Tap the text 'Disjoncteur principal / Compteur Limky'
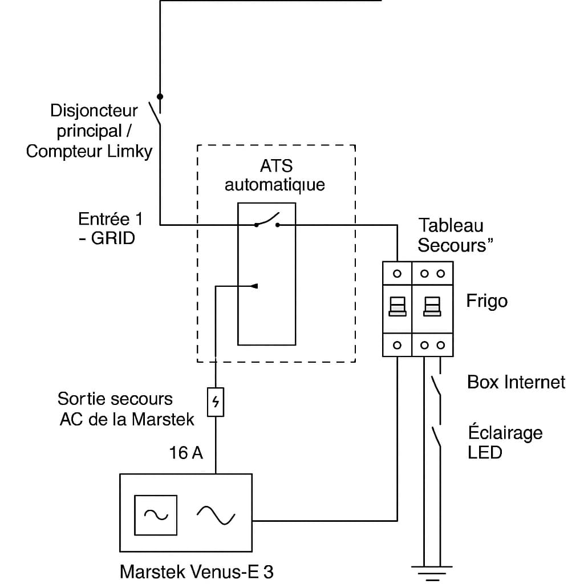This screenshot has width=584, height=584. (90, 131)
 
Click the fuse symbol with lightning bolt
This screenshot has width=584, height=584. (216, 403)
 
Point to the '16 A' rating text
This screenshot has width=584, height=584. (186, 453)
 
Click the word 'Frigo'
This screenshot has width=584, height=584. (486, 301)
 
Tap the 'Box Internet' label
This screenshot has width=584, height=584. (516, 382)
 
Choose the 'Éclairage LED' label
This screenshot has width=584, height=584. (505, 442)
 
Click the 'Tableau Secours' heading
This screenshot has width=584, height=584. (455, 235)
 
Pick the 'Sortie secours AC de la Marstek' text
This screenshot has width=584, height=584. (126, 408)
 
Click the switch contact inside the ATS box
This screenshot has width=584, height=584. (267, 220)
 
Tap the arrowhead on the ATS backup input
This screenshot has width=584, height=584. (255, 286)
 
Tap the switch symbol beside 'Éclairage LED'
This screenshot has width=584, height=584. (436, 437)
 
